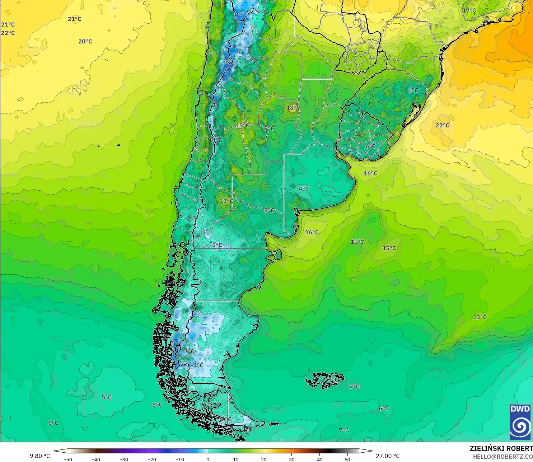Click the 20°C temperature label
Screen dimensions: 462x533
pos(85,42)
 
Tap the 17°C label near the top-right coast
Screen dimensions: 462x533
pos(469,11)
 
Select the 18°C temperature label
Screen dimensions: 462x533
pos(293,108)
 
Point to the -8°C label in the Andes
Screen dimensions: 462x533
pos(229,61)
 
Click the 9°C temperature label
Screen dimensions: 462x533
pos(269,128)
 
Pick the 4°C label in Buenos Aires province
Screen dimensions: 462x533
pos(304,188)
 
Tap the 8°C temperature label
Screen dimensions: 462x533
pos(269,210)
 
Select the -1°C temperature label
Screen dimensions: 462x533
pos(216,245)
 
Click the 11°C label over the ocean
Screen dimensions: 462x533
pos(357,242)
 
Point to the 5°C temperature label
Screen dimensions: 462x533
pos(107,397)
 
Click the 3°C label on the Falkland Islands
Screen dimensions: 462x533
pos(333,379)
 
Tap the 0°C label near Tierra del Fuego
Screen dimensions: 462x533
pos(226,419)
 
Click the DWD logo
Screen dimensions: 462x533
pos(520,422)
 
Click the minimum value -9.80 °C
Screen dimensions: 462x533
pos(39,456)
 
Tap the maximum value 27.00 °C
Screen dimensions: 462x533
pos(388,456)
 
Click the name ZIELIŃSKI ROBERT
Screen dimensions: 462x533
pos(501,448)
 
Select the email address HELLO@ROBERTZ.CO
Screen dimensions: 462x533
pos(502,457)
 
